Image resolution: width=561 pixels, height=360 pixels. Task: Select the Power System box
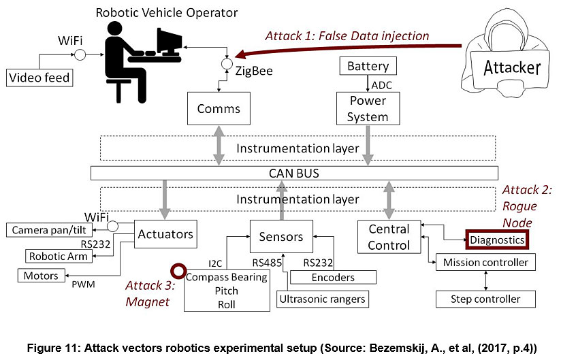(368, 108)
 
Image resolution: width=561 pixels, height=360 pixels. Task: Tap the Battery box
(368, 66)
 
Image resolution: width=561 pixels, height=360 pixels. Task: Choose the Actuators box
(165, 235)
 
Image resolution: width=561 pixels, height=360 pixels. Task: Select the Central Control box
(389, 236)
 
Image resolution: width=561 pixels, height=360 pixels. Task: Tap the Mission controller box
(485, 262)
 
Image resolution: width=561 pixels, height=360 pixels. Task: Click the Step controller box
(485, 299)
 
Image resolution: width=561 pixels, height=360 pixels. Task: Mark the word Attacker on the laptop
(512, 67)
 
